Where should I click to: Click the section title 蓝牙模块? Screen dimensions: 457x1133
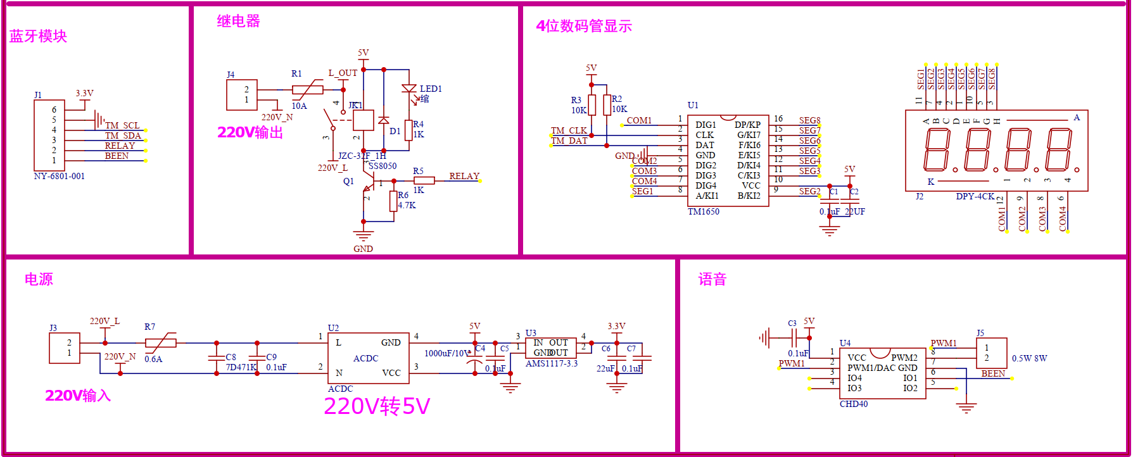point(38,36)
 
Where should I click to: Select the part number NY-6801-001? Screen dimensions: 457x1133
point(59,176)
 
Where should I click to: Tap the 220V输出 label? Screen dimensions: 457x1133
point(250,132)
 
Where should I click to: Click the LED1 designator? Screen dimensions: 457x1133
point(431,89)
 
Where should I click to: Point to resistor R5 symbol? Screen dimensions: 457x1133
point(424,180)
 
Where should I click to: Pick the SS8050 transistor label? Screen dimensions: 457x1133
point(383,166)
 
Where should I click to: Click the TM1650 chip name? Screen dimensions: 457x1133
point(704,211)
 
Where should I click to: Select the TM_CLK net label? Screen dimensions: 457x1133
point(569,130)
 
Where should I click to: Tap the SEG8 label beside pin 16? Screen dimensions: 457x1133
point(809,120)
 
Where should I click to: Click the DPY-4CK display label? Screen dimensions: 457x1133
point(975,196)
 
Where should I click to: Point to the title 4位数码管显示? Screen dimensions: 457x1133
point(584,26)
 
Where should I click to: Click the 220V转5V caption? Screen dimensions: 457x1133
point(377,406)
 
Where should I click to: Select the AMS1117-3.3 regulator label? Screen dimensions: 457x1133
point(552,363)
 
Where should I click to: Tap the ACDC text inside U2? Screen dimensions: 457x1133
point(365,358)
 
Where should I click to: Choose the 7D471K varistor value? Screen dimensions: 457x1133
point(241,367)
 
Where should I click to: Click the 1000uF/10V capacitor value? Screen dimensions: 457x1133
point(447,353)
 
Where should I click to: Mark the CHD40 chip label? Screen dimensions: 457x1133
point(854,404)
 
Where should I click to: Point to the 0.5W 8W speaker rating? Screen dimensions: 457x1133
point(1029,358)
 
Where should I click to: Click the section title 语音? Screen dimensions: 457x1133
point(712,279)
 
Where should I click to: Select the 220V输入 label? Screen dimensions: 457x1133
point(78,396)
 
